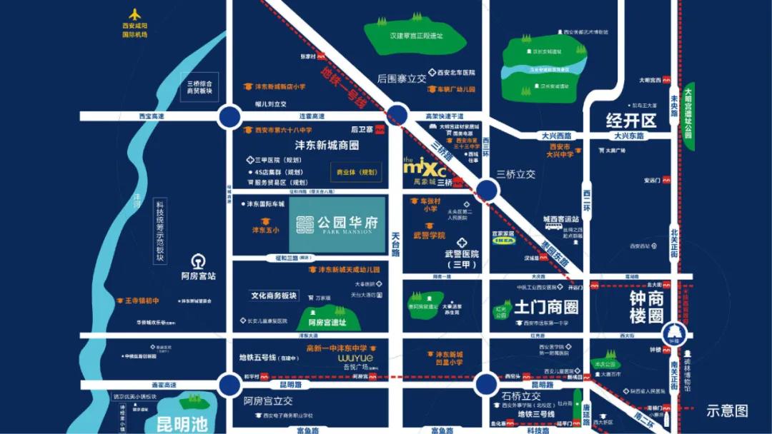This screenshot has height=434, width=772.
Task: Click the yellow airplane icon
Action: pos(134,15)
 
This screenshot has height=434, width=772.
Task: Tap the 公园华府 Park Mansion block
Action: pos(337,224)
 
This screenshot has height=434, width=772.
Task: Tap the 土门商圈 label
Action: pos(547,308)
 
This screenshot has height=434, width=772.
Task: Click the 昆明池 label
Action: pos(182,425)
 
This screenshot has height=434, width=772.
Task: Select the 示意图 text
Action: pos(727,410)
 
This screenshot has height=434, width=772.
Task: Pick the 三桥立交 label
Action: pos(515,173)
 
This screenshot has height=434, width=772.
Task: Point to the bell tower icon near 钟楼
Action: pos(673,333)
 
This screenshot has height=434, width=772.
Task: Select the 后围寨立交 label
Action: pos(402,79)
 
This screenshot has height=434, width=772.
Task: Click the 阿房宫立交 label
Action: pos(268,400)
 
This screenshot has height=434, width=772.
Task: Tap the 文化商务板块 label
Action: pos(273,295)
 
